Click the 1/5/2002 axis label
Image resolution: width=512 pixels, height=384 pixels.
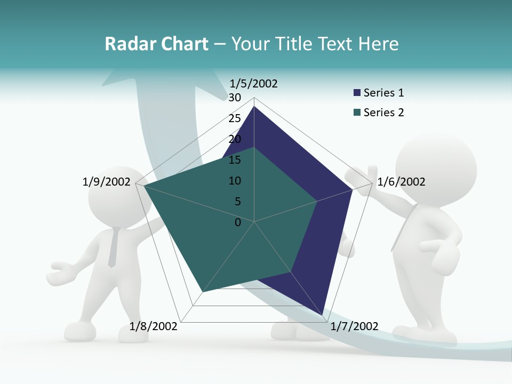pos(254,83)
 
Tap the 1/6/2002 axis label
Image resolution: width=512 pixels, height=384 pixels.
pos(401,182)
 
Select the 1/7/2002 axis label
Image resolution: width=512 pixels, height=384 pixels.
pos(355,326)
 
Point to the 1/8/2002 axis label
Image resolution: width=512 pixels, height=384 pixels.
pos(154,326)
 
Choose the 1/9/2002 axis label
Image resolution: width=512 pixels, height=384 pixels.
pos(107,182)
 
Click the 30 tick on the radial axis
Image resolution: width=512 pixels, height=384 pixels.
pos(235,98)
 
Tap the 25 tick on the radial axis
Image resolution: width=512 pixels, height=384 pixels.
pos(235,118)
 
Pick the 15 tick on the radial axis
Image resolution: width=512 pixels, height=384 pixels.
pos(235,160)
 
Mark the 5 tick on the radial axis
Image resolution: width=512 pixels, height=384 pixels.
pos(238,202)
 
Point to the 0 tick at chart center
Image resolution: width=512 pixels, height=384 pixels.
pos(238,222)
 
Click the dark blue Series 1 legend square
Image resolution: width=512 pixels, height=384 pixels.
pos(357,93)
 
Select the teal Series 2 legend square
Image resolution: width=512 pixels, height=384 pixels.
pos(357,113)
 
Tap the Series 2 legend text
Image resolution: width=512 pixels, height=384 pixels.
pos(383,113)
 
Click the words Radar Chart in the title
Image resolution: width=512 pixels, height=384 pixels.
pos(156,44)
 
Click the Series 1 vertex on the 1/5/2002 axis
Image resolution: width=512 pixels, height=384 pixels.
pos(254,107)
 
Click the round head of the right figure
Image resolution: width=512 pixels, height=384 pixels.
pos(436,169)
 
